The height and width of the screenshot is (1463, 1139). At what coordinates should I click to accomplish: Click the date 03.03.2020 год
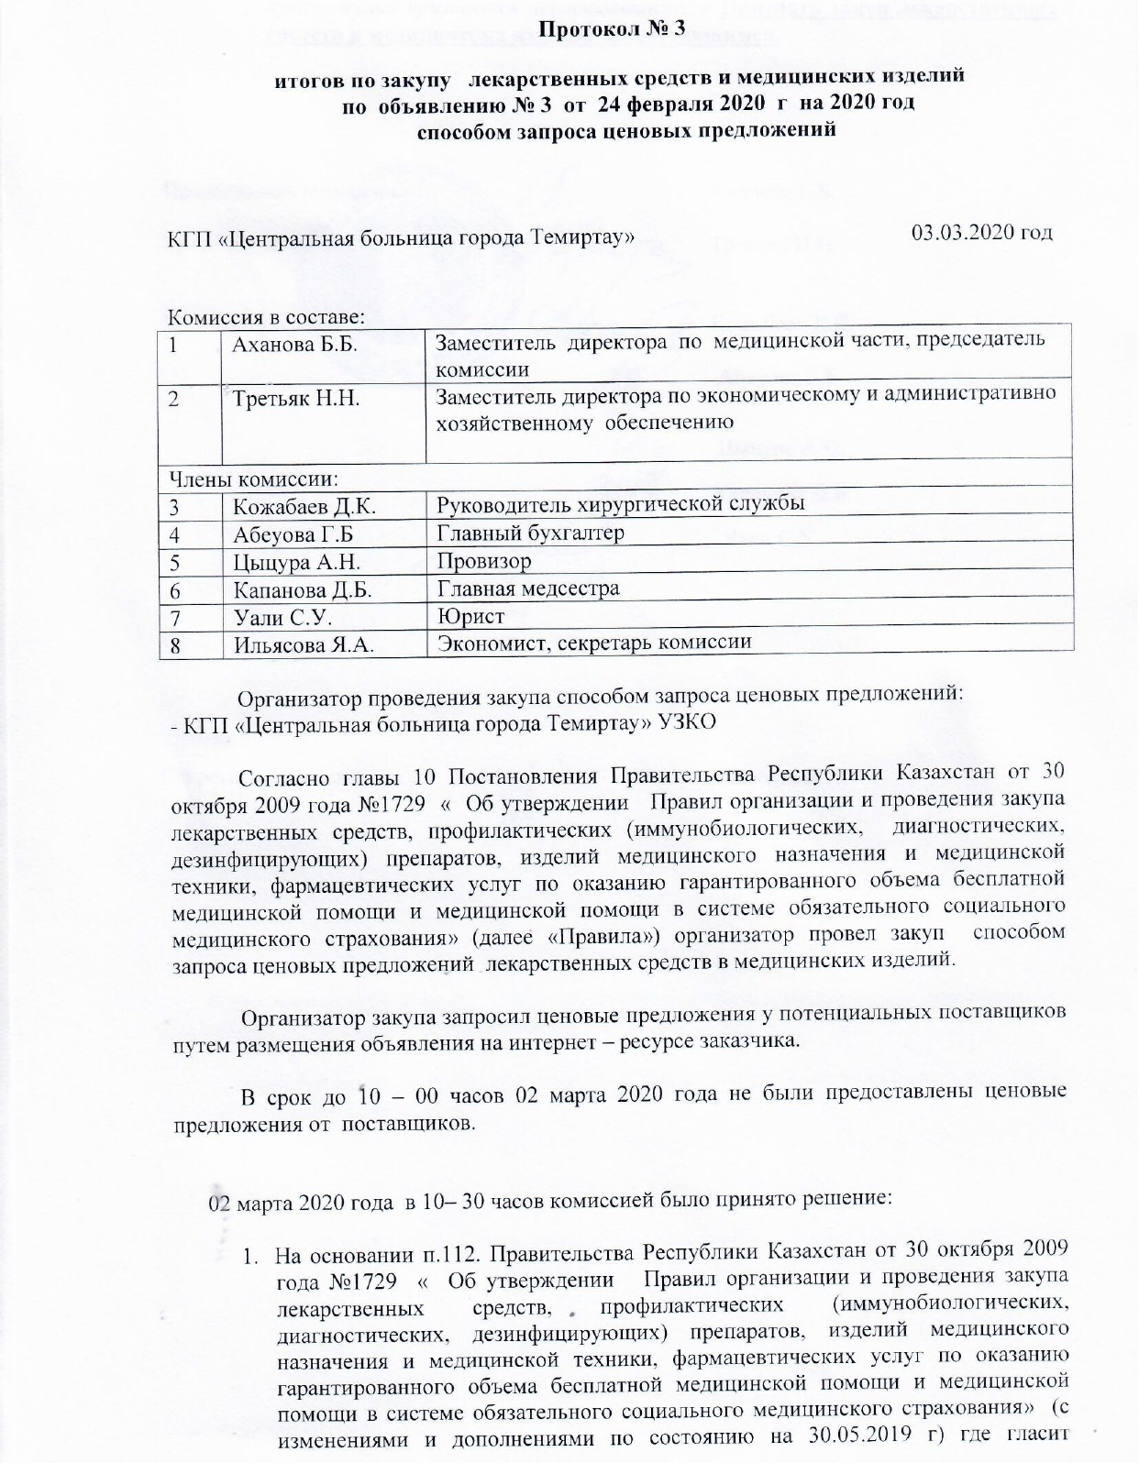(x=981, y=232)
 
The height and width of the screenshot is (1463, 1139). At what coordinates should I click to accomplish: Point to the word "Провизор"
(x=483, y=561)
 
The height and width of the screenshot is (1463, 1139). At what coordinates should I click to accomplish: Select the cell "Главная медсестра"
(x=527, y=588)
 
